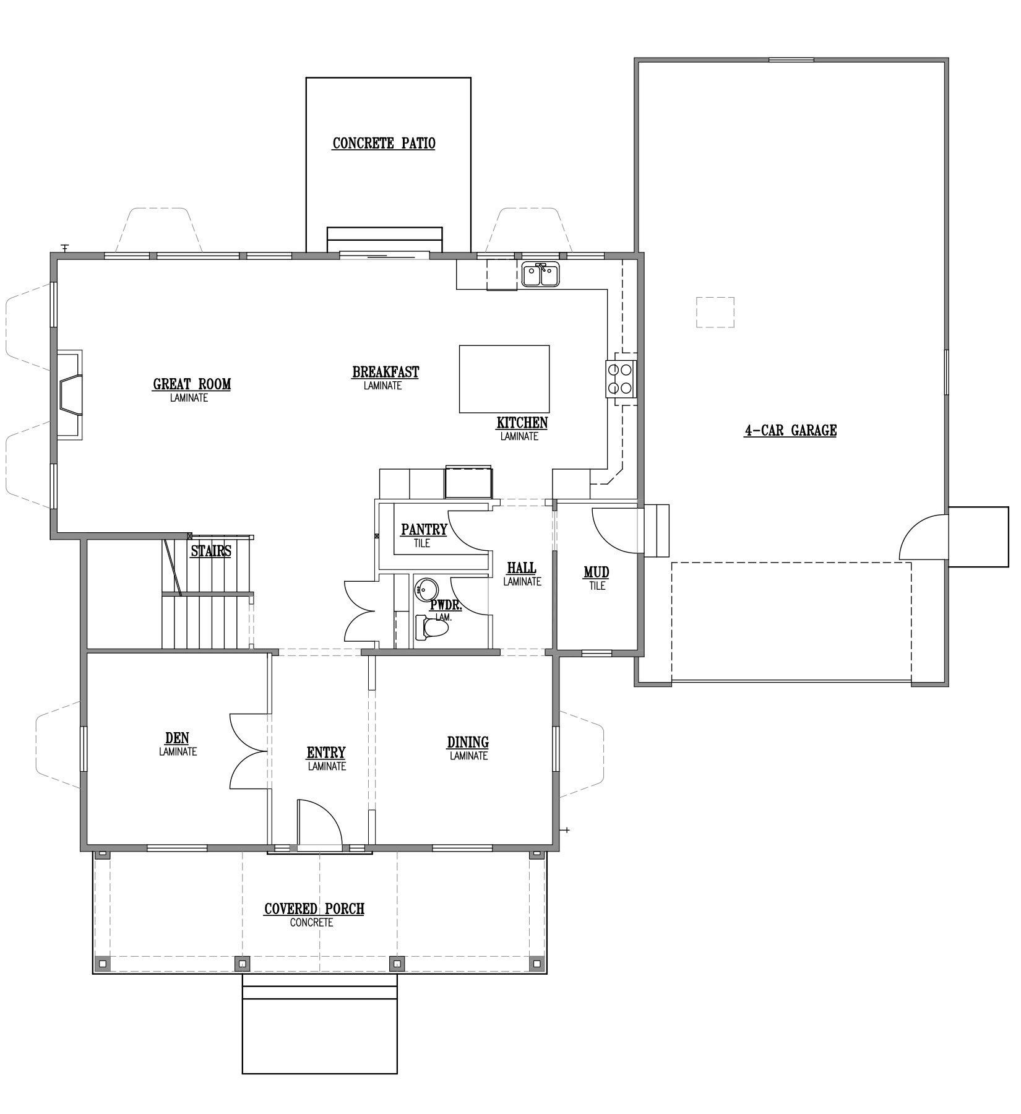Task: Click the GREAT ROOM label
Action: [x=192, y=384]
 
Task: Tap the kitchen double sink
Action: [x=541, y=274]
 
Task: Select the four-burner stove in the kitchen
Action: [x=620, y=379]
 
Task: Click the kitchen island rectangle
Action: [x=504, y=379]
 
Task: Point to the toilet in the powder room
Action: [x=432, y=628]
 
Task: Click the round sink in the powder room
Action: [x=425, y=588]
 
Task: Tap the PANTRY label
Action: [x=424, y=530]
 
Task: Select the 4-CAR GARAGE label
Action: [x=790, y=430]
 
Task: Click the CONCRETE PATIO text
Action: [x=384, y=144]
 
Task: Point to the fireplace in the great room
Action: [x=70, y=395]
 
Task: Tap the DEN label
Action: [x=177, y=738]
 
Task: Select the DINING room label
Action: [x=468, y=742]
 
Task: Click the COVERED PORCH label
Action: [x=314, y=909]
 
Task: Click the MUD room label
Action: [x=597, y=572]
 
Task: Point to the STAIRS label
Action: [x=211, y=551]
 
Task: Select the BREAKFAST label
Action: [x=386, y=373]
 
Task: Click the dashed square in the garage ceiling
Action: [x=715, y=312]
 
